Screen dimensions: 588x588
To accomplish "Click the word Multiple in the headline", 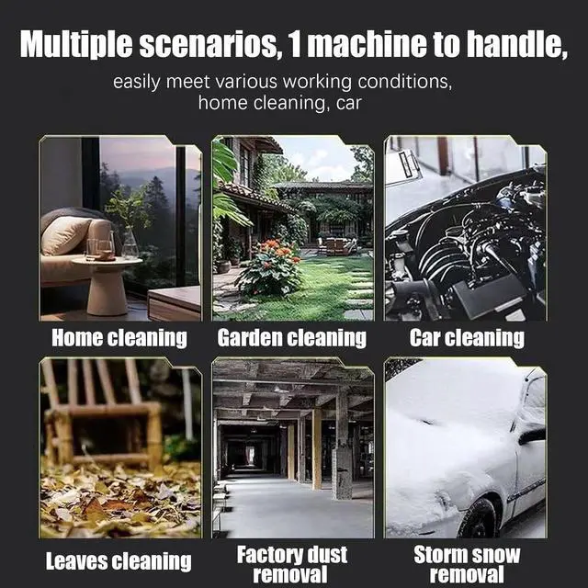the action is point(76,44).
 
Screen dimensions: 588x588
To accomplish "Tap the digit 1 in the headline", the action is point(295,44).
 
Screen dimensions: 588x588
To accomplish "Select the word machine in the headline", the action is point(367,44).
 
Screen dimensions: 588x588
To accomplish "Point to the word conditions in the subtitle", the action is point(403,82).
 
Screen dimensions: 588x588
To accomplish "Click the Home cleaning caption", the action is point(119,338).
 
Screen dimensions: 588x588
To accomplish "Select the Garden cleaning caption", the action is point(292,338).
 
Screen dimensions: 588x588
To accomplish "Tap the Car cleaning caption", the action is point(467,338).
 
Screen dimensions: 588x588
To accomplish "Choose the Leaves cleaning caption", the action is point(119,561).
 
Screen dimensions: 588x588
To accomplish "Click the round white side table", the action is point(107,286).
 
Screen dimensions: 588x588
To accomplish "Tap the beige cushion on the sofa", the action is point(64,235).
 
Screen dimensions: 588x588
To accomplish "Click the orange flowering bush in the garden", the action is point(270,267).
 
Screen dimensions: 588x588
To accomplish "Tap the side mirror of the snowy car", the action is point(532,435).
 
